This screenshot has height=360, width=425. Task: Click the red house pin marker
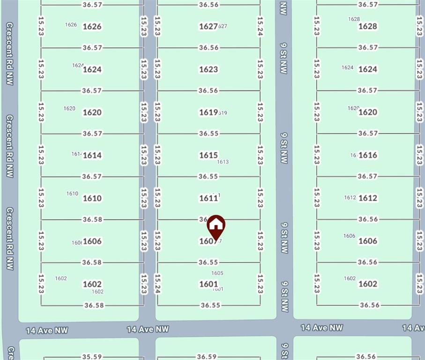216,226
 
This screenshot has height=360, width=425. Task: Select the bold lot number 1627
208,26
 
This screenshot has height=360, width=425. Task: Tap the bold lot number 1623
209,69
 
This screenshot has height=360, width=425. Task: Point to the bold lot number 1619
208,112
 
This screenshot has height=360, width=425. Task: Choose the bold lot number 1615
209,155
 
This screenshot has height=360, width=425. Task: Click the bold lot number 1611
208,198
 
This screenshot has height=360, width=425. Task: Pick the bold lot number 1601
209,284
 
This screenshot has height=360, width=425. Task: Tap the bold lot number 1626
92,26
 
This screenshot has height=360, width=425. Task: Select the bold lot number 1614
92,155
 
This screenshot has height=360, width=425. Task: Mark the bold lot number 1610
92,198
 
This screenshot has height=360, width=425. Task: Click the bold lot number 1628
367,26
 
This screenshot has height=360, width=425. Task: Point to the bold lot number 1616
367,155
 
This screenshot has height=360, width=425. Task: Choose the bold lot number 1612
367,198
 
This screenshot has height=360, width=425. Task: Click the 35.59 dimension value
92,356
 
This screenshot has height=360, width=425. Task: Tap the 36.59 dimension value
206,357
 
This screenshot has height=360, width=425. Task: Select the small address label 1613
223,162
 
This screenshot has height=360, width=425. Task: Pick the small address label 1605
217,273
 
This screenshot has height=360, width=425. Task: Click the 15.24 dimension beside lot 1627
260,27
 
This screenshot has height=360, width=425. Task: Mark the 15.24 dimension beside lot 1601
157,284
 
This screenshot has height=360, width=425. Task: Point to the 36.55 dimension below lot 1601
210,305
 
